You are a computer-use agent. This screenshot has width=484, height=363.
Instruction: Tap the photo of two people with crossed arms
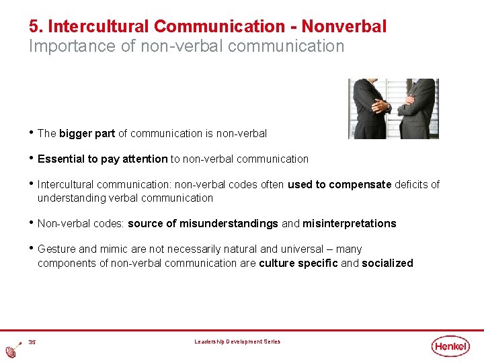coord(393,108)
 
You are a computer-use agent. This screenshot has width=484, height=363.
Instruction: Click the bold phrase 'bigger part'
coord(87,134)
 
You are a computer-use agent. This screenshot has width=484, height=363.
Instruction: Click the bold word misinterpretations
coord(349,224)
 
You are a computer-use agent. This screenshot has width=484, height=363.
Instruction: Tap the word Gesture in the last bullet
coord(57,249)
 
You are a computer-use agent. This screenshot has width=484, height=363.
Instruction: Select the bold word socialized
coord(387,264)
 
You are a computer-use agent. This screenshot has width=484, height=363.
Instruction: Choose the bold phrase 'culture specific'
coord(298,264)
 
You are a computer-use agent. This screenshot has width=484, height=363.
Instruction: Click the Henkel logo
coord(451,346)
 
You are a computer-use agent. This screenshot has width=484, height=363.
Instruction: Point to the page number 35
coord(32,342)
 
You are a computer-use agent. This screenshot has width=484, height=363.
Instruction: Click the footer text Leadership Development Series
coord(237,342)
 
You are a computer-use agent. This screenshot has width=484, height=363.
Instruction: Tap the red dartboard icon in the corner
coord(12,351)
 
